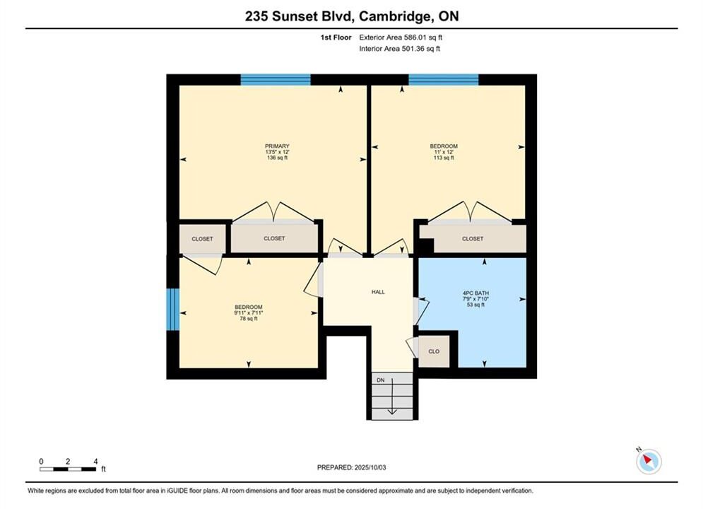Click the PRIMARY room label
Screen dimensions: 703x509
click(277, 146)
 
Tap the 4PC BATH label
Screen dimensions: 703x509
click(475, 293)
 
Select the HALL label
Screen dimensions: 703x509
click(378, 292)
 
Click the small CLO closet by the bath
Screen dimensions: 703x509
click(434, 351)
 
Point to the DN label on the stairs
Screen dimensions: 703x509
click(381, 380)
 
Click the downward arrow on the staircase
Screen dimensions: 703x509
click(392, 397)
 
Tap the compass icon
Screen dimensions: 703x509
click(648, 460)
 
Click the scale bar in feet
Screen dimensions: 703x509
click(68, 469)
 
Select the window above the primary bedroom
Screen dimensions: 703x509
click(276, 80)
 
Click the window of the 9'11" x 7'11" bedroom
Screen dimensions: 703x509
click(173, 310)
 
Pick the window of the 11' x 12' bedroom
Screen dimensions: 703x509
click(444, 80)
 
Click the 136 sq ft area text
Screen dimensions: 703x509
click(277, 158)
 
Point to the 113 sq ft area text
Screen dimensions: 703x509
click(444, 158)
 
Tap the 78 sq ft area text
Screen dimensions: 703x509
click(249, 319)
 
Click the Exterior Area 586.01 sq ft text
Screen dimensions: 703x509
click(401, 37)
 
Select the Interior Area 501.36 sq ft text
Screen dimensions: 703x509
click(399, 49)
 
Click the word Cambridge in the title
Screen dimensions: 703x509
click(394, 16)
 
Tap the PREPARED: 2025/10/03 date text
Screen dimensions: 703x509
click(352, 467)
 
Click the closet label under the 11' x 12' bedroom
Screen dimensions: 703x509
click(473, 239)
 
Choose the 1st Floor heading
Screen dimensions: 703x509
click(336, 37)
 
